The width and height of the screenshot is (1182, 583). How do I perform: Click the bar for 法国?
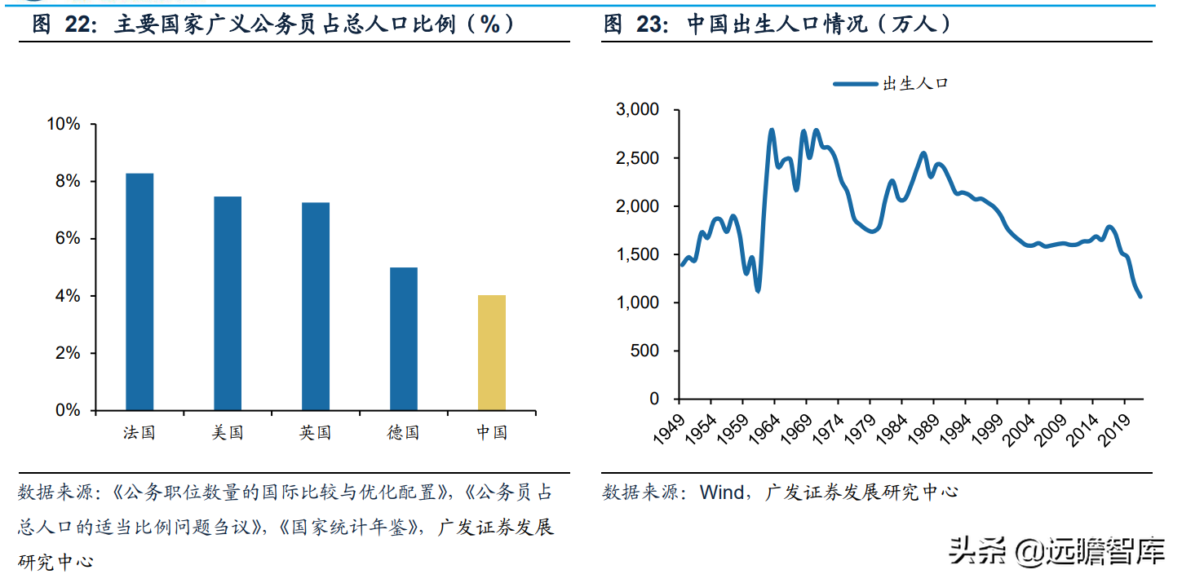(139, 291)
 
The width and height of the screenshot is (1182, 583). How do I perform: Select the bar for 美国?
(228, 303)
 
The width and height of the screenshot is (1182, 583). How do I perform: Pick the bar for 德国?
(404, 338)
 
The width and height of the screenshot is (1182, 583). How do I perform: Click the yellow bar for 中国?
(492, 352)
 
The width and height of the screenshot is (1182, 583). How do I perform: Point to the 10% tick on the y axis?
(64, 124)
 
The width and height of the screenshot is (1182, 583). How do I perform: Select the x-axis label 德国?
(404, 433)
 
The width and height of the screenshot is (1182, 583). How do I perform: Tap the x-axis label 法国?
(139, 433)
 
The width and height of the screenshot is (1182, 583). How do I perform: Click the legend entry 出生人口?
(891, 83)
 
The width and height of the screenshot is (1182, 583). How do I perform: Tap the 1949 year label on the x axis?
(667, 429)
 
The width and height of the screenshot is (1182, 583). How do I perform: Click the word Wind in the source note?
(721, 492)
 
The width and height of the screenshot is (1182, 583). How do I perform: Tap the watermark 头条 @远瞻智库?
(1057, 552)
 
